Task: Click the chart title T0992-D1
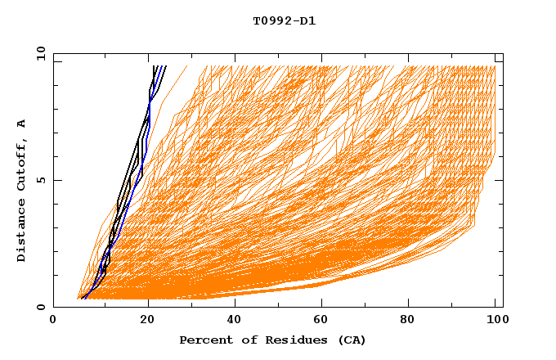tap(284, 21)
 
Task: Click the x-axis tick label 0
tap(53, 322)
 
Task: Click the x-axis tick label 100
tap(495, 322)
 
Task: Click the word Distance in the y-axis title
tap(21, 230)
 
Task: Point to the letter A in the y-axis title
tap(21, 124)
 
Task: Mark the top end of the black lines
tap(155, 67)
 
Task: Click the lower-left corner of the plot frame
tap(54, 307)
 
